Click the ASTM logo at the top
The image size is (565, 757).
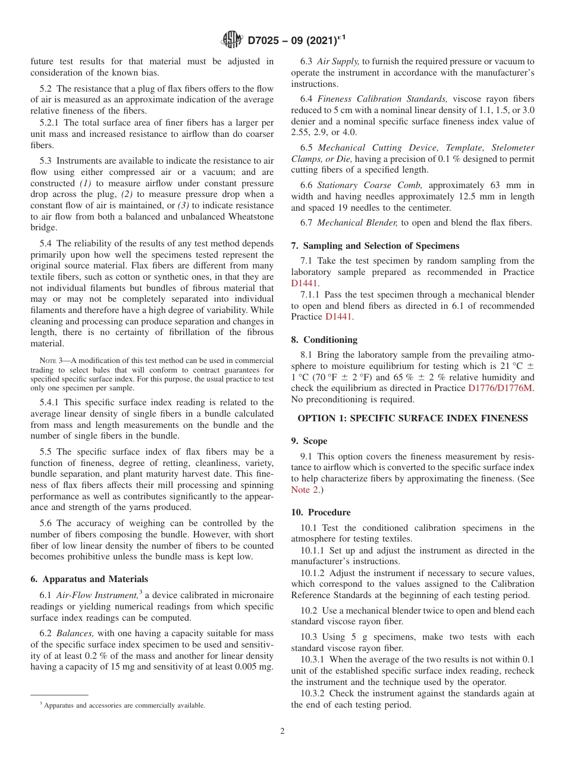[x=231, y=40]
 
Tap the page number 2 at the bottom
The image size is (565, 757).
[x=282, y=731]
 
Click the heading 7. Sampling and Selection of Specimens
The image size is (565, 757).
[x=375, y=246]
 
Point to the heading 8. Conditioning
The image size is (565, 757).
[x=324, y=340]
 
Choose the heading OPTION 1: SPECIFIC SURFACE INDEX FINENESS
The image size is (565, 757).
[x=413, y=418]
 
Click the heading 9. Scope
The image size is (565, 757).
[x=309, y=441]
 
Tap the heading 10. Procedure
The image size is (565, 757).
[x=321, y=512]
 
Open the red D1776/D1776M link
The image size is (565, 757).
[x=501, y=389]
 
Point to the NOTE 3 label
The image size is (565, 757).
[x=48, y=361]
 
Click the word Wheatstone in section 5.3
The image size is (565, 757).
[x=244, y=217]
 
